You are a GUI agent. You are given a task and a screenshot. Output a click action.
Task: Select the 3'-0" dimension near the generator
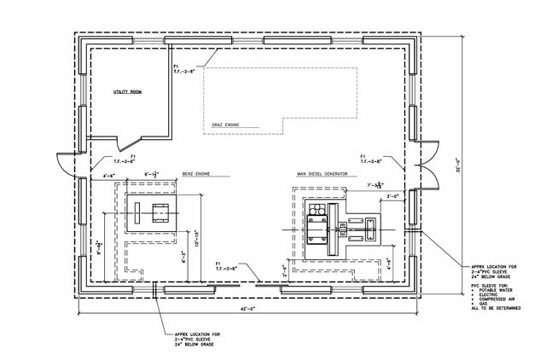coord(394,195)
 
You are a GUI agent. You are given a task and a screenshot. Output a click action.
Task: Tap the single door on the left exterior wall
coord(67,161)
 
